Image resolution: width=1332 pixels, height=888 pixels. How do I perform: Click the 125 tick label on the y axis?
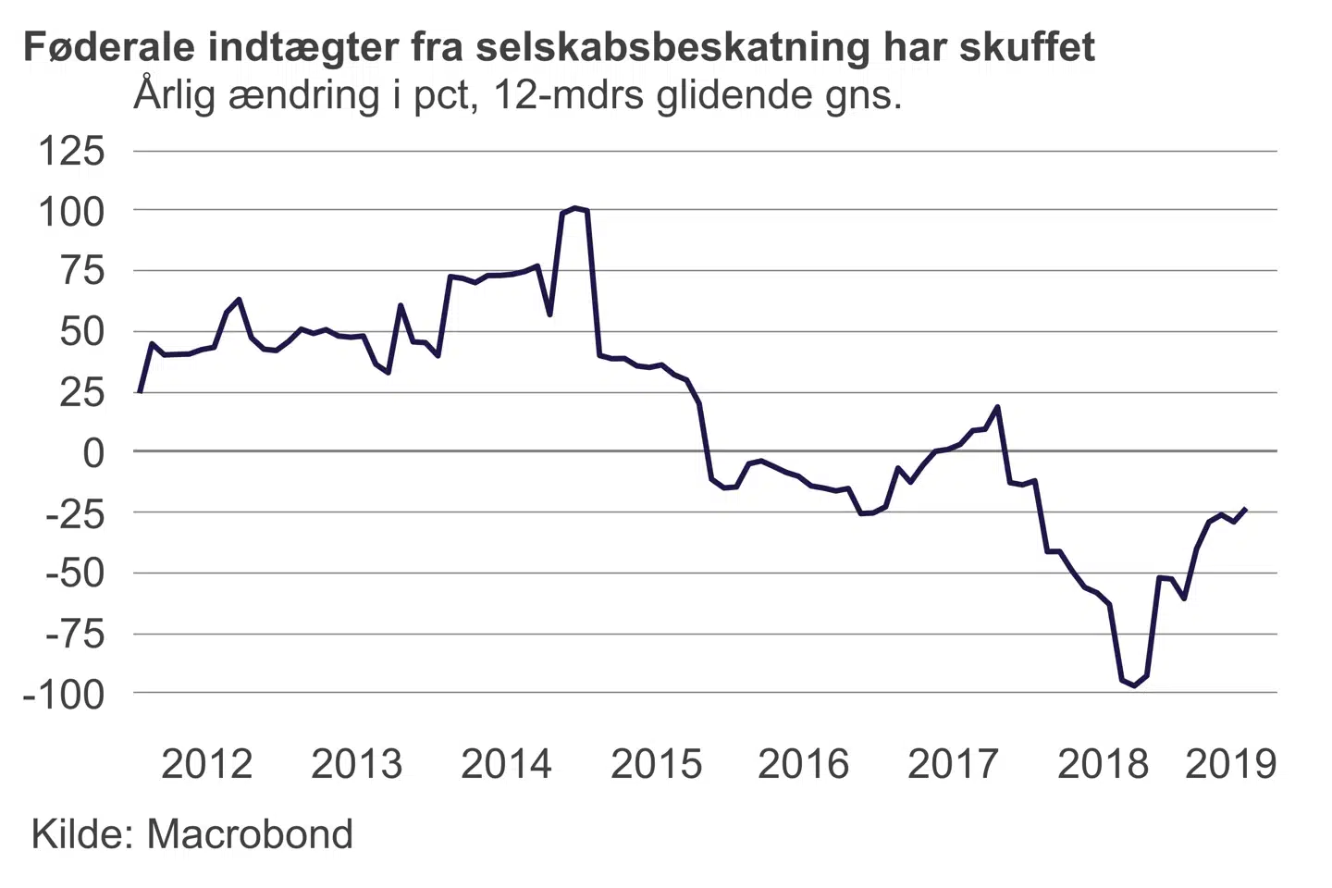click(71, 151)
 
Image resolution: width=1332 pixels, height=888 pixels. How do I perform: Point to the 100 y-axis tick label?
click(71, 212)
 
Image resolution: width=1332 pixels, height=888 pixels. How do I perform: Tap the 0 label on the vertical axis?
click(93, 453)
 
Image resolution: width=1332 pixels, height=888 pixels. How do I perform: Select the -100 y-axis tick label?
click(64, 694)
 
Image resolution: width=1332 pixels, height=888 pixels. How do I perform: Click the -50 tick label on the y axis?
click(75, 573)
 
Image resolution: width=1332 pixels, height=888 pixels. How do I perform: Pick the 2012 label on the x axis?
click(206, 764)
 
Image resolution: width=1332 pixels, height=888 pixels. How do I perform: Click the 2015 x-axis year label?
click(656, 764)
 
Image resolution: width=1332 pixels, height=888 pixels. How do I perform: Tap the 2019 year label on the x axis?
click(1230, 764)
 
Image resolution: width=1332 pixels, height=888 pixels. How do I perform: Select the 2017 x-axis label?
click(953, 764)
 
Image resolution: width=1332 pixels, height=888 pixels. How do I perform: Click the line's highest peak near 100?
click(574, 208)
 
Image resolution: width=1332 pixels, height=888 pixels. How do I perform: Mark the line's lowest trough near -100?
click(1134, 685)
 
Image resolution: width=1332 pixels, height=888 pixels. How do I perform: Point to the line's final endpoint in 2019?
click(1246, 509)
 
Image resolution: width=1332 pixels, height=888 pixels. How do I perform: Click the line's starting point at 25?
click(139, 392)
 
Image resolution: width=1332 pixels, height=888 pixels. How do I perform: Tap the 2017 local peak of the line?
click(997, 407)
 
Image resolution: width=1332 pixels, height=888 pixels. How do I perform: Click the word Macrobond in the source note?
click(250, 834)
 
